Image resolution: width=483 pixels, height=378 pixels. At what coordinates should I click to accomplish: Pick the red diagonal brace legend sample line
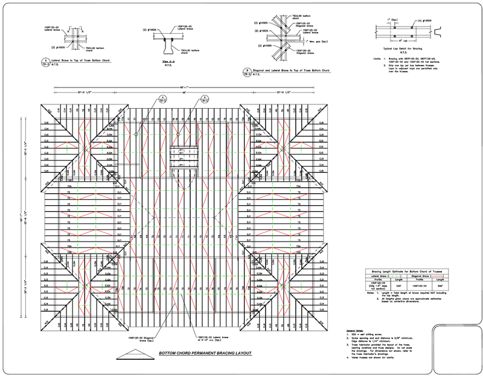pos(439,277)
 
